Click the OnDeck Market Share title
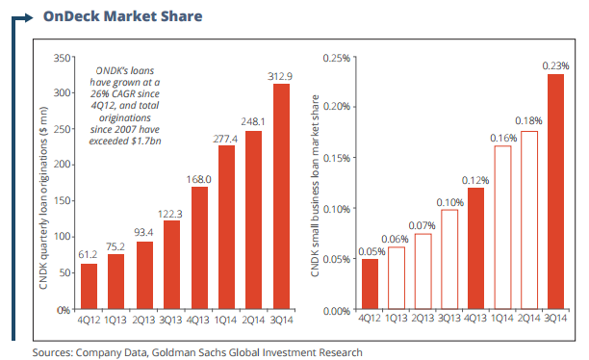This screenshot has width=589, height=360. tap(122, 16)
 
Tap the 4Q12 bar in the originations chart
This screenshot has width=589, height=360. tap(88, 286)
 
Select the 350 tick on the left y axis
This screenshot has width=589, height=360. tap(63, 59)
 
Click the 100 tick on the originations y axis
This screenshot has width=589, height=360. tap(63, 238)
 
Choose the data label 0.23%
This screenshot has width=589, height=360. tap(555, 64)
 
